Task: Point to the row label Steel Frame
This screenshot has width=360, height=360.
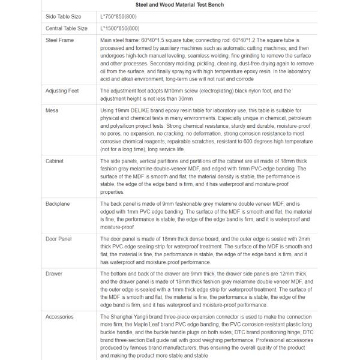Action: pyautogui.click(x=60, y=40)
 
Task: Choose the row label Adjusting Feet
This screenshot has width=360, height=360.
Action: pyautogui.click(x=63, y=91)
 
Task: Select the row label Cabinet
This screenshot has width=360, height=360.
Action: pyautogui.click(x=55, y=161)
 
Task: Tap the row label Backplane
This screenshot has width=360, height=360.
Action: pyautogui.click(x=58, y=204)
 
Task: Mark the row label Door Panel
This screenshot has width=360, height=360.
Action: pyautogui.click(x=59, y=239)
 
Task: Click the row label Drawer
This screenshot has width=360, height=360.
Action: pyautogui.click(x=54, y=274)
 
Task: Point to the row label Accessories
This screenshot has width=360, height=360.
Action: pyautogui.click(x=60, y=316)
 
